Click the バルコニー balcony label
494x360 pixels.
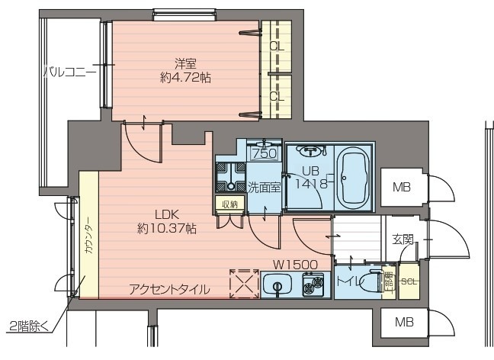click(x=69, y=73)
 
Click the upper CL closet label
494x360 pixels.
click(x=277, y=47)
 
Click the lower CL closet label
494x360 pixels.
click(x=277, y=96)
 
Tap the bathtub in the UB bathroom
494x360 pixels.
click(x=353, y=176)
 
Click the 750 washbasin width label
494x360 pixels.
click(x=263, y=153)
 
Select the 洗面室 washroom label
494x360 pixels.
click(x=265, y=186)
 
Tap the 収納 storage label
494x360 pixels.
click(x=229, y=204)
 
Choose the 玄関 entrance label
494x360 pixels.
click(x=404, y=239)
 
